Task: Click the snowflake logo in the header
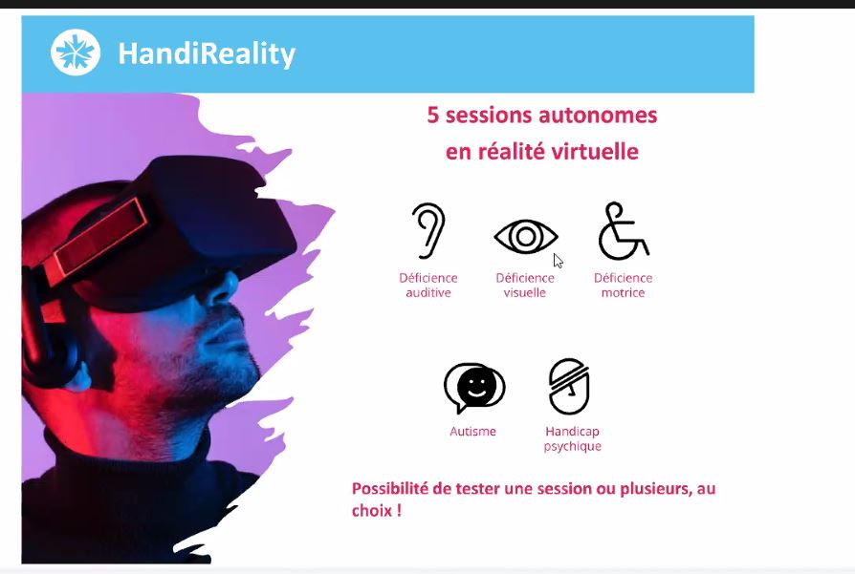pyautogui.click(x=76, y=53)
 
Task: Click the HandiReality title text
pyautogui.click(x=207, y=53)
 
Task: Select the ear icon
pyautogui.click(x=429, y=230)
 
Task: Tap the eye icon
pyautogui.click(x=526, y=236)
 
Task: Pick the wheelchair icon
pyautogui.click(x=624, y=231)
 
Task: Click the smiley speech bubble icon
pyautogui.click(x=474, y=387)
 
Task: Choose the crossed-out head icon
pyautogui.click(x=569, y=386)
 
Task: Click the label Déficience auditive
pyautogui.click(x=428, y=286)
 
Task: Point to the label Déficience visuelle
pyautogui.click(x=524, y=286)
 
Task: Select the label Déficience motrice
pyautogui.click(x=624, y=286)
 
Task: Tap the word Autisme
pyautogui.click(x=472, y=432)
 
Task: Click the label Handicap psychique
pyautogui.click(x=573, y=438)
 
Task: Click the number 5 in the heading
pyautogui.click(x=433, y=116)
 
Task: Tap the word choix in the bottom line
pyautogui.click(x=372, y=511)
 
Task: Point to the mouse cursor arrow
pyautogui.click(x=558, y=261)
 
